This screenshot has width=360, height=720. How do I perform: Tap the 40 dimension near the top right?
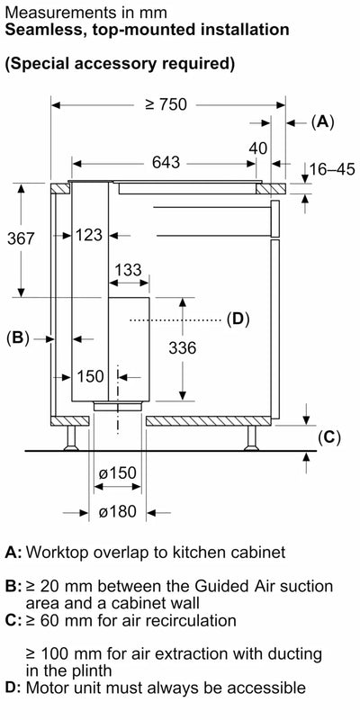click(259, 148)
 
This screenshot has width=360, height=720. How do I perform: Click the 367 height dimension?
click(20, 238)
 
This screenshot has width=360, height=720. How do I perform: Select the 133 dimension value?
click(128, 270)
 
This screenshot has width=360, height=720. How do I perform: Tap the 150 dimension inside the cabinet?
click(90, 377)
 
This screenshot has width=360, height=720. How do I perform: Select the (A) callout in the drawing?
click(321, 123)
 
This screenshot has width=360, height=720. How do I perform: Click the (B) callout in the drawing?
click(18, 338)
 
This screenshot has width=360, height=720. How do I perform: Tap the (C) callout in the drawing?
click(329, 437)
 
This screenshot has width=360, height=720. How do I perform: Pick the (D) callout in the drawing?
click(237, 319)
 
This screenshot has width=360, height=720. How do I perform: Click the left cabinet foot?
click(68, 437)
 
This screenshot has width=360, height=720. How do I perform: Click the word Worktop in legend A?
click(55, 552)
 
